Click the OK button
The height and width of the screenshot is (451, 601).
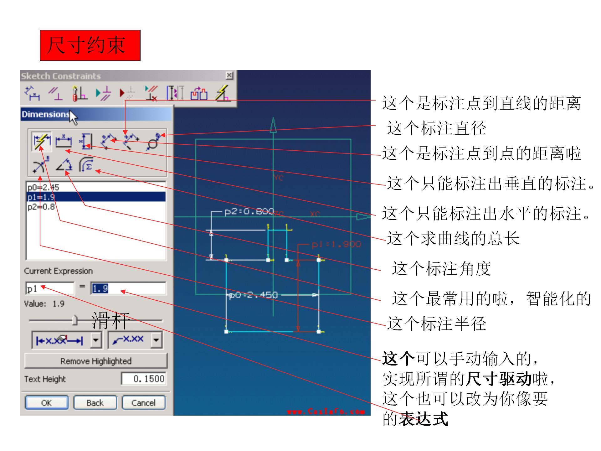tap(47, 403)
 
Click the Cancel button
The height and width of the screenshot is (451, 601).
tap(143, 403)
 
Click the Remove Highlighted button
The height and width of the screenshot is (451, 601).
tap(96, 361)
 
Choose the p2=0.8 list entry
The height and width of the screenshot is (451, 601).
tap(41, 207)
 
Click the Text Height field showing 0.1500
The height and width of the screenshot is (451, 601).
tap(144, 379)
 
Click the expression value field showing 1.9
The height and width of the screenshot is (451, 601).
tap(128, 288)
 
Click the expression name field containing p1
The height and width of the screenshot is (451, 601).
tap(49, 288)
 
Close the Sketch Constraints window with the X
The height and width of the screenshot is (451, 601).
tap(229, 75)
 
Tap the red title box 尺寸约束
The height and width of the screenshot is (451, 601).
tap(90, 45)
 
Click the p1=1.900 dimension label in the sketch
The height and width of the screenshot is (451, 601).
tap(336, 244)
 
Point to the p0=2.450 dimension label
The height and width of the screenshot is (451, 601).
tap(253, 295)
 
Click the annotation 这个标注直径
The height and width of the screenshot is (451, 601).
tap(436, 128)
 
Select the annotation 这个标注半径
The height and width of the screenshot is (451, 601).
tap(436, 324)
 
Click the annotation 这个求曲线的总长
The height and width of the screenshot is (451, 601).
tap(453, 239)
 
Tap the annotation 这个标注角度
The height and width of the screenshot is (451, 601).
tap(441, 269)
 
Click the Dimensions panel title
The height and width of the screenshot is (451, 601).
tap(45, 114)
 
